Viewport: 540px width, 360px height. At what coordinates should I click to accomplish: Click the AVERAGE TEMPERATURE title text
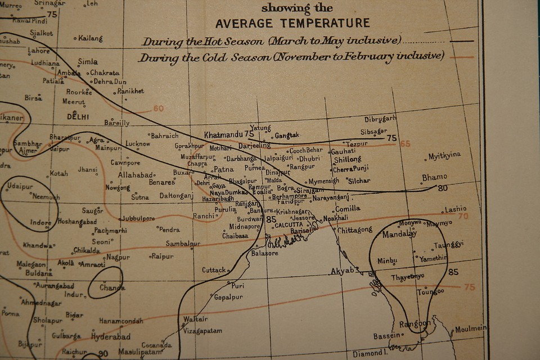[292, 23]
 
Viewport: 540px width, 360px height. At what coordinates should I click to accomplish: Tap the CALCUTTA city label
[289, 224]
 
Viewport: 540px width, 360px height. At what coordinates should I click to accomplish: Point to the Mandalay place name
[399, 234]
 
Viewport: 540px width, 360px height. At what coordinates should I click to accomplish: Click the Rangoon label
[415, 324]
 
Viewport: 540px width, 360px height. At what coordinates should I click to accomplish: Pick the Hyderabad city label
[111, 336]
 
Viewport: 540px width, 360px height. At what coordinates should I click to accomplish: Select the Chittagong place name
[355, 229]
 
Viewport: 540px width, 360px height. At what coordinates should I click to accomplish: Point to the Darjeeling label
[254, 145]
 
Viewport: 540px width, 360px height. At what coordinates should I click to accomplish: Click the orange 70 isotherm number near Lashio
[463, 216]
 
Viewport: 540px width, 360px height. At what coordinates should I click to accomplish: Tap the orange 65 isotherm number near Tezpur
[405, 143]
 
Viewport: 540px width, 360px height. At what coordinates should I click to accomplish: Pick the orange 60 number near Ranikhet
[158, 109]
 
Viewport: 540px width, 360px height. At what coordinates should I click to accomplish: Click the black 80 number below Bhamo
[443, 187]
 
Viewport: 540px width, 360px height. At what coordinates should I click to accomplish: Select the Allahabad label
[135, 175]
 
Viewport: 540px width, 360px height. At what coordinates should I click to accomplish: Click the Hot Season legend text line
[272, 41]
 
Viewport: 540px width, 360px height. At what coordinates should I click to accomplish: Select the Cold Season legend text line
[291, 57]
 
